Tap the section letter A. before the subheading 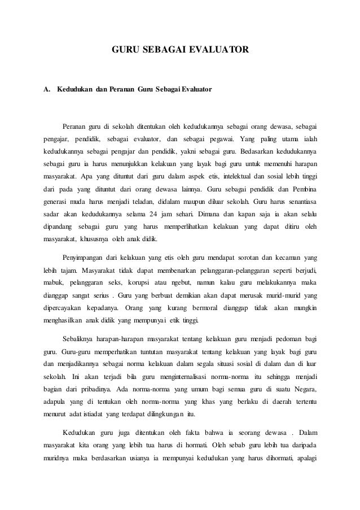47,90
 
